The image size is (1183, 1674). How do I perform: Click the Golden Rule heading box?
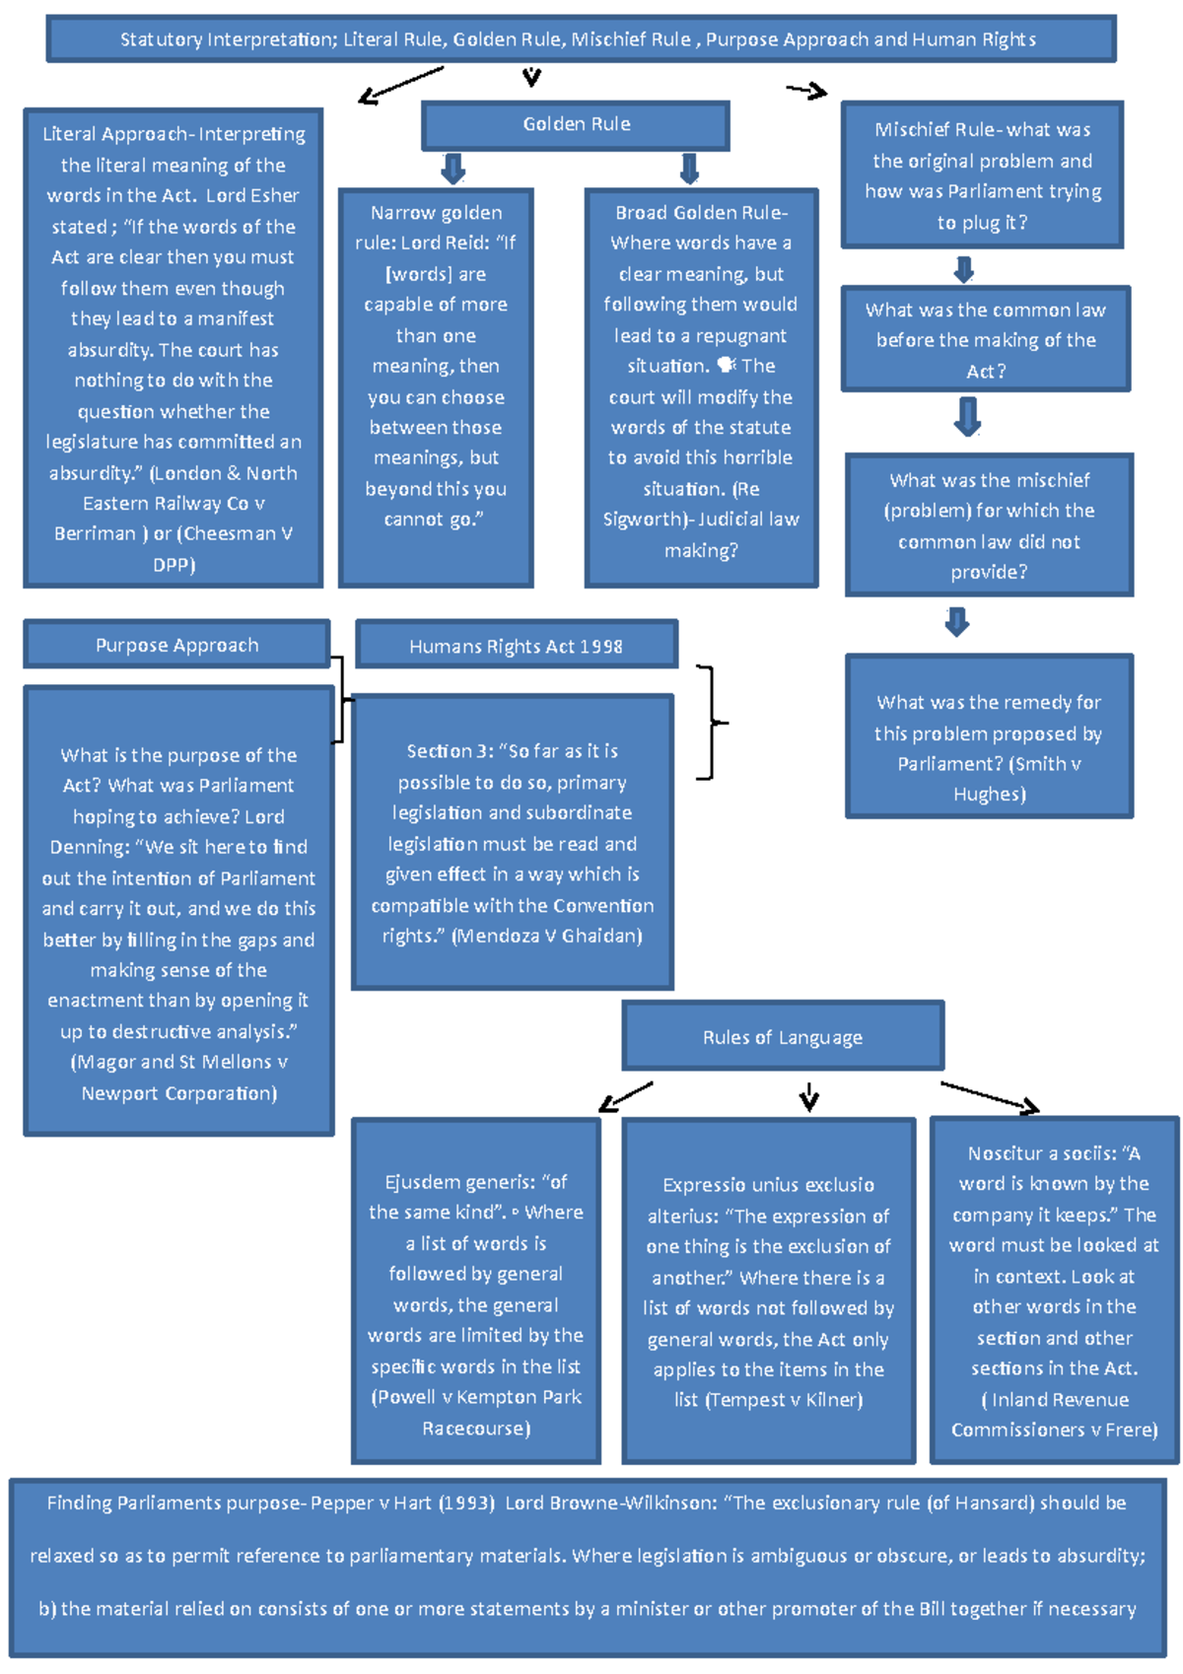pyautogui.click(x=576, y=125)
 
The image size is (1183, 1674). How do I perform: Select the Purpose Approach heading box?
pyautogui.click(x=176, y=645)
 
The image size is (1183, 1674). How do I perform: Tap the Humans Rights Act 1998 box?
pyautogui.click(x=516, y=646)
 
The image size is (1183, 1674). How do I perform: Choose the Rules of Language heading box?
pyautogui.click(x=783, y=1036)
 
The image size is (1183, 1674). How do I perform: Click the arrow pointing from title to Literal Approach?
pyautogui.click(x=399, y=85)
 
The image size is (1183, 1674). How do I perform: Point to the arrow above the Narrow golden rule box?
pyautogui.click(x=452, y=168)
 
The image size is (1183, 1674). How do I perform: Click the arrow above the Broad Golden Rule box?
pyautogui.click(x=689, y=168)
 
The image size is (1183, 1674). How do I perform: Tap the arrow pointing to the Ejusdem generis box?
pyautogui.click(x=626, y=1096)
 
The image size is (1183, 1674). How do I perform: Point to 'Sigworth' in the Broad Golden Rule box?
pyautogui.click(x=644, y=520)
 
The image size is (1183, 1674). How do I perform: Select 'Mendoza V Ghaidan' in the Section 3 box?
pyautogui.click(x=547, y=936)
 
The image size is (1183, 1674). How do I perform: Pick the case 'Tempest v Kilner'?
pyautogui.click(x=784, y=1400)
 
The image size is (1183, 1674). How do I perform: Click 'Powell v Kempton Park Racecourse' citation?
pyautogui.click(x=476, y=1413)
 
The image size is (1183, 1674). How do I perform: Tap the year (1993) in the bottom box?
pyautogui.click(x=466, y=1503)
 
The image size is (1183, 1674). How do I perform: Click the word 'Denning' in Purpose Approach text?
pyautogui.click(x=90, y=847)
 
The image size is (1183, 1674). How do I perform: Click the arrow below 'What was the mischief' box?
pyautogui.click(x=956, y=621)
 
